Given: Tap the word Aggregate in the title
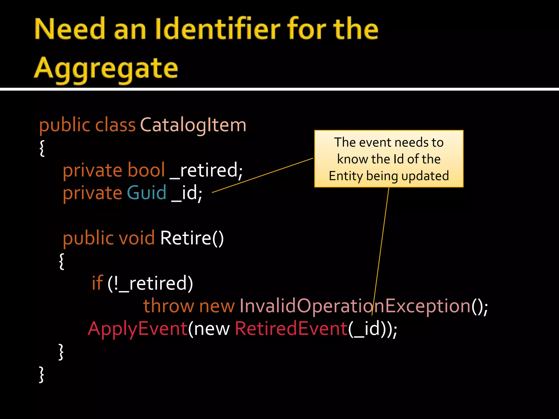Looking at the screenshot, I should click(106, 68).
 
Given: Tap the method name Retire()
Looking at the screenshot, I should click(192, 238).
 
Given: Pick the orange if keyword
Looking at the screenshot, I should click(97, 283).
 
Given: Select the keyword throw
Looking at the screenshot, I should click(168, 306).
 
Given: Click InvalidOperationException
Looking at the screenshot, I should click(355, 306).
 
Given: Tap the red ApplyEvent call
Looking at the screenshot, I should click(138, 329).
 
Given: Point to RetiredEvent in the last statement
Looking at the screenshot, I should click(291, 329).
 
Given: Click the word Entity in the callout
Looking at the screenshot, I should click(346, 176).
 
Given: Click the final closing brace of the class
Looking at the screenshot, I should click(41, 374).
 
